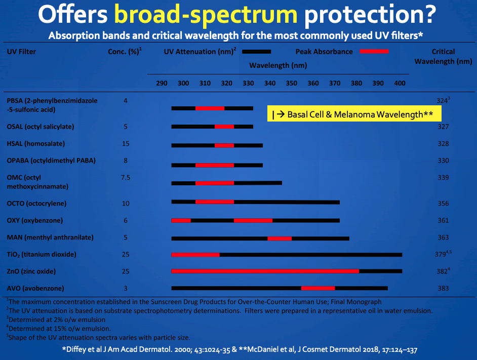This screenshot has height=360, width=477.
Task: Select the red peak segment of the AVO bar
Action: [318, 288]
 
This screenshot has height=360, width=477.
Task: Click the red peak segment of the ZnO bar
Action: [265, 271]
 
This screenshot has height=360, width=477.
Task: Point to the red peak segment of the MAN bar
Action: [280, 237]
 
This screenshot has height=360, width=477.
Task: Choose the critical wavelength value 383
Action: [443, 288]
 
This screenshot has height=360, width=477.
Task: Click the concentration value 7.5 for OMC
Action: [126, 178]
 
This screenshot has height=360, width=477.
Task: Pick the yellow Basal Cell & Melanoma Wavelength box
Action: [354, 114]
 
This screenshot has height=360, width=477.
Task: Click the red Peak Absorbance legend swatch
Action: [374, 51]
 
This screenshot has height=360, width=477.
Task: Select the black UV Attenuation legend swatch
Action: [257, 51]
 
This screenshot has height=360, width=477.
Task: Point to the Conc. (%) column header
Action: [125, 52]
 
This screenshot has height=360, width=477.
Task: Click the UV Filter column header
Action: [21, 52]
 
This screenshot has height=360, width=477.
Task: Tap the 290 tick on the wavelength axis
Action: [162, 83]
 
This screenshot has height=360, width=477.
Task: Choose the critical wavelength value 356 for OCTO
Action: [443, 204]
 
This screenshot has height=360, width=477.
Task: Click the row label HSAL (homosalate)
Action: [36, 144]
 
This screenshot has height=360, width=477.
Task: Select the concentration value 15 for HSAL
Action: [126, 144]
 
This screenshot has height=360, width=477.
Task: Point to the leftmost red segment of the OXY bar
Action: [181, 220]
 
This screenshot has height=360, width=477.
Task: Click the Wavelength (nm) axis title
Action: [278, 65]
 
